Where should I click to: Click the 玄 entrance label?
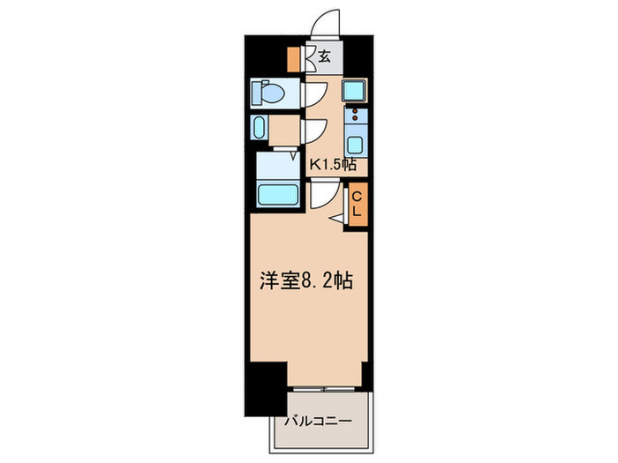point(324,58)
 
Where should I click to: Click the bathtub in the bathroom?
point(276,193)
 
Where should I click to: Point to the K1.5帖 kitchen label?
point(332,164)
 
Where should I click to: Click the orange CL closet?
point(358,205)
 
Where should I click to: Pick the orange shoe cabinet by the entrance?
point(293,59)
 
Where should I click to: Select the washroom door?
point(314,130)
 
